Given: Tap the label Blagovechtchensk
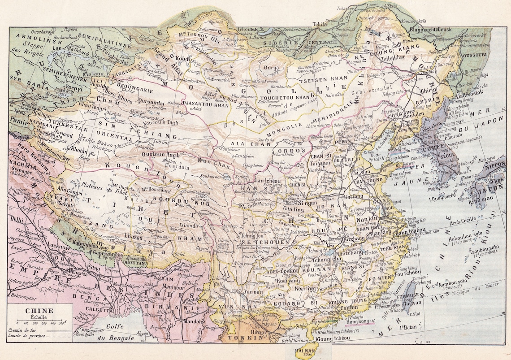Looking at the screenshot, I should tap(433, 30).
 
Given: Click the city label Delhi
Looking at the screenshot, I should tap(17, 221).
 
